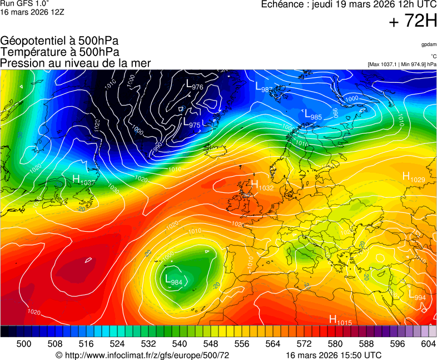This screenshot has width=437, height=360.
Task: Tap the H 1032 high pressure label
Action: (x=262, y=186)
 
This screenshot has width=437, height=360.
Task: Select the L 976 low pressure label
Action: (x=194, y=85)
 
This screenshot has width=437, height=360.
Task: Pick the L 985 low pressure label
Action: (x=312, y=115)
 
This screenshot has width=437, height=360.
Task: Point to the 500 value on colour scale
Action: (x=24, y=344)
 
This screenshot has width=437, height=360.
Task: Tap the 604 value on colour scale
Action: (x=427, y=344)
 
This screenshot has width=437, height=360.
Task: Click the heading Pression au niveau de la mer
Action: (x=76, y=63)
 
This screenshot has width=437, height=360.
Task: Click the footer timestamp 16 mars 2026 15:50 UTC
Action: (x=334, y=355)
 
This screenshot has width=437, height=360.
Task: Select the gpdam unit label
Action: (x=429, y=44)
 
